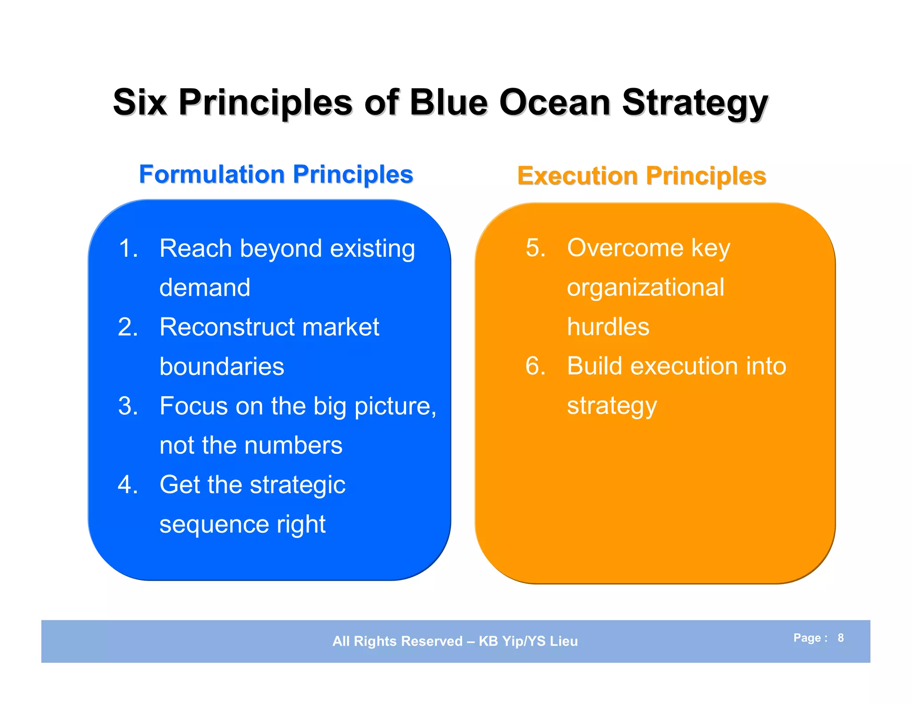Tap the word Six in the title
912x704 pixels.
tap(140, 102)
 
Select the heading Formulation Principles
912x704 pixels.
tap(276, 174)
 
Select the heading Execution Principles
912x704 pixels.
tap(642, 176)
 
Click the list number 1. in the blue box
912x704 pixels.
tap(128, 248)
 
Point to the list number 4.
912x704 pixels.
tap(128, 485)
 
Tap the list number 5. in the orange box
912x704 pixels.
tap(536, 248)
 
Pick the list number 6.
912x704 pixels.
tap(536, 366)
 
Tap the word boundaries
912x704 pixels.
tap(222, 367)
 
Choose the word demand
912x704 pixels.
tap(205, 287)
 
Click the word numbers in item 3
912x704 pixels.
tap(293, 445)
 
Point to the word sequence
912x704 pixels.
tap(214, 524)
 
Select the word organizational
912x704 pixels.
tap(646, 287)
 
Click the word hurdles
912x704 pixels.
tap(608, 327)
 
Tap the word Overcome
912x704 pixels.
tap(625, 248)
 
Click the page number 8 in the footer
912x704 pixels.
tap(841, 638)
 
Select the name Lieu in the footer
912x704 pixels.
tap(563, 641)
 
